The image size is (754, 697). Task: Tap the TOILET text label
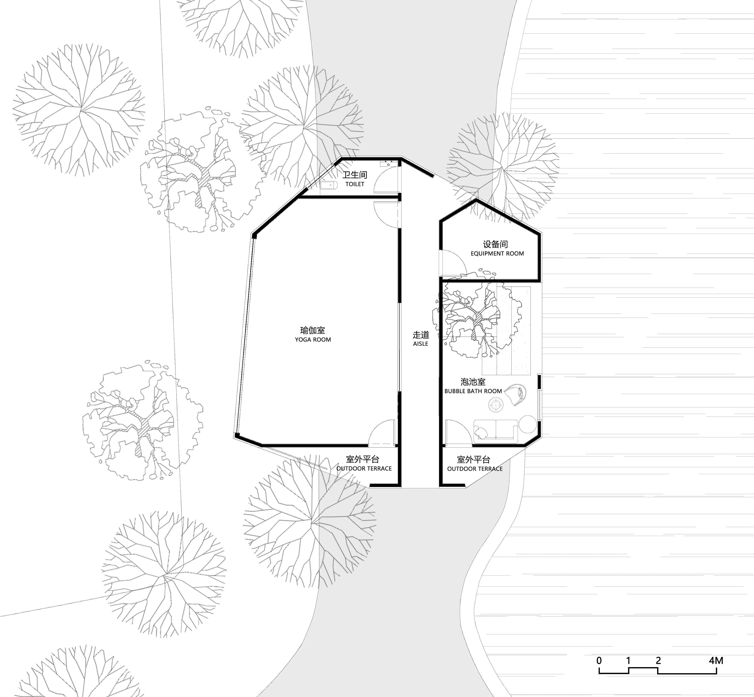[x=355, y=184]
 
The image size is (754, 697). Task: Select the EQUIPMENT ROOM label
[x=497, y=253]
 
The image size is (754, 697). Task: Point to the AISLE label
[x=420, y=344]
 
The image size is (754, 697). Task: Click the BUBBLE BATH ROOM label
[x=473, y=391]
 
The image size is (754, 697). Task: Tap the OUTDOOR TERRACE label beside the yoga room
[x=364, y=469]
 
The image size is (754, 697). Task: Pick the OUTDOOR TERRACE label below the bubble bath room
[x=475, y=469]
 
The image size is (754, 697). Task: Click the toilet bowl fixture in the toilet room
[x=328, y=185]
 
